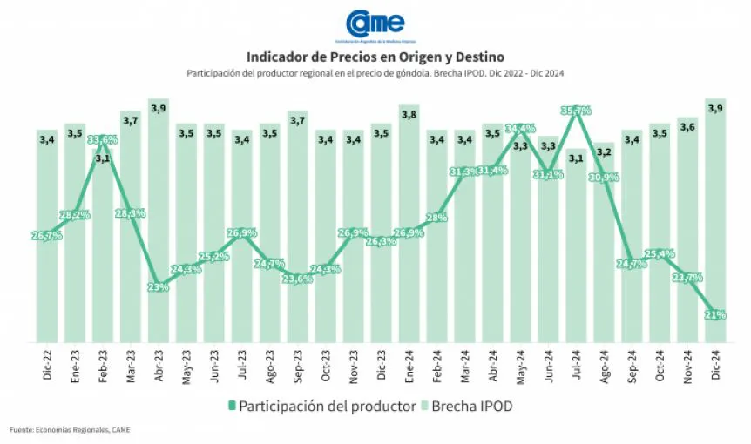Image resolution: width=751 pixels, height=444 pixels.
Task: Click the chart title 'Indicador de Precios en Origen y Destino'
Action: point(375,57)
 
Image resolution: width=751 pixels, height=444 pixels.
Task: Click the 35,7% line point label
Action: point(576,111)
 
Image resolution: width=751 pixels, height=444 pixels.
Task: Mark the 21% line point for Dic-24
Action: point(716,315)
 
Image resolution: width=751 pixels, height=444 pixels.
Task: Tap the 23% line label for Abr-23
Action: point(159,287)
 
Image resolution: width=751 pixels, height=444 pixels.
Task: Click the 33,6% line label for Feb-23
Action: point(103,139)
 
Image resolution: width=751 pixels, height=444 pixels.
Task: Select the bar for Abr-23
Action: point(159,226)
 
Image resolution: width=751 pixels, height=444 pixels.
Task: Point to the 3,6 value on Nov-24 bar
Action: point(688,128)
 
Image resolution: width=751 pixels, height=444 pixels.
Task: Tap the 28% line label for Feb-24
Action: point(436,218)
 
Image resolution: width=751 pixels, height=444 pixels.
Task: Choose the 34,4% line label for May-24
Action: point(520,128)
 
